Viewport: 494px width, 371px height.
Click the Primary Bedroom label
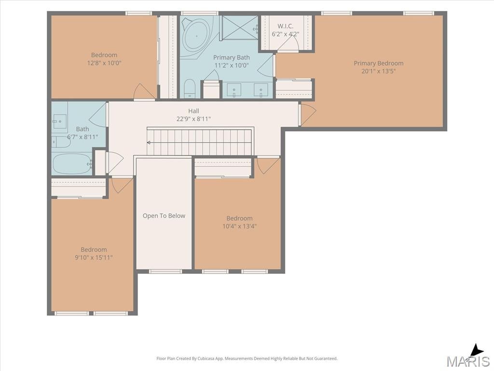(x=378, y=63)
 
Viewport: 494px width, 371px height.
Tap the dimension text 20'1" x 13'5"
(x=378, y=71)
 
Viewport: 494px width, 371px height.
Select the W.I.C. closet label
(x=286, y=26)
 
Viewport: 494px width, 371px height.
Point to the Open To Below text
(x=164, y=216)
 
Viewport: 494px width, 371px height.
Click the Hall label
(x=193, y=111)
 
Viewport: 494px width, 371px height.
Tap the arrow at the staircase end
(x=149, y=143)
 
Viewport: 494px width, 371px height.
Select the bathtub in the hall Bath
(x=72, y=163)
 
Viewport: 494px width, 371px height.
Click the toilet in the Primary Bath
(x=190, y=89)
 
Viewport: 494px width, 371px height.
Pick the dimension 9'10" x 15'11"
(x=94, y=257)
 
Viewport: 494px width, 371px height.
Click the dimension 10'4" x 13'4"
(x=239, y=226)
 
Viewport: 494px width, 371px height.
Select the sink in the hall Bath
(x=59, y=121)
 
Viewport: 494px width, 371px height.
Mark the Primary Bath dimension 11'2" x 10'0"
(x=232, y=65)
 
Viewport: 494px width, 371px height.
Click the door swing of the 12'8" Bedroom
(x=145, y=91)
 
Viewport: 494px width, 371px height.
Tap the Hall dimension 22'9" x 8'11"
(x=193, y=119)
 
